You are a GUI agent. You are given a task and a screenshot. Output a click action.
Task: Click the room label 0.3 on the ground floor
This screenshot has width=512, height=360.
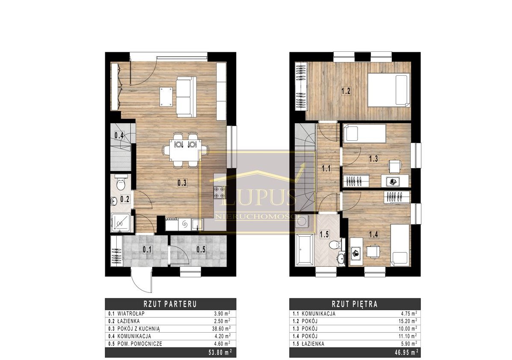tap(182, 183)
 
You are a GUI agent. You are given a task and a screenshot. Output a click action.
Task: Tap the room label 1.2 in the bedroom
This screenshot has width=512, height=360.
tap(346, 91)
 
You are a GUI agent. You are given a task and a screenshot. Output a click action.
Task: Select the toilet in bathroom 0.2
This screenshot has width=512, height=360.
tap(121, 183)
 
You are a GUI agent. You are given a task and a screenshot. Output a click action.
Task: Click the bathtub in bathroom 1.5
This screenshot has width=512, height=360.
tap(305, 250)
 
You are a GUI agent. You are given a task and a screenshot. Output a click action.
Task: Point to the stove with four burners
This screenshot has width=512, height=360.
tap(219, 192)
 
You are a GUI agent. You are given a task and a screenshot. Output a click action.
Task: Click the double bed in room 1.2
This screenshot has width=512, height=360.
tap(389, 90)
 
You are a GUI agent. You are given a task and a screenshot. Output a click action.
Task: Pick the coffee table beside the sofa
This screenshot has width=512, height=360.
tap(166, 96)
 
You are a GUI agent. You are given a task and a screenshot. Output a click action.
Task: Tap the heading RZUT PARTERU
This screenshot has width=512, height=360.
tap(171, 304)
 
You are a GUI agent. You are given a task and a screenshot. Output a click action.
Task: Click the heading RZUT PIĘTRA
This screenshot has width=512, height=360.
tap(355, 304)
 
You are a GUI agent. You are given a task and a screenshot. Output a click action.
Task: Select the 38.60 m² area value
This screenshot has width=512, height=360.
tap(222, 329)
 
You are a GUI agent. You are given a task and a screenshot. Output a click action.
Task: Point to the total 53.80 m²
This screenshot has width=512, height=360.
tap(220, 352)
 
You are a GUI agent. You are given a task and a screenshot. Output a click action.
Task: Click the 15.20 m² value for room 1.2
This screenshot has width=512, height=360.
tap(407, 321)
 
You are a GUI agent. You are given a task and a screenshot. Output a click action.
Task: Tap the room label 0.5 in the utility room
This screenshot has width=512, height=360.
tap(201, 250)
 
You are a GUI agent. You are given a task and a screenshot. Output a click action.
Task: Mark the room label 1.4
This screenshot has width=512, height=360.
tap(373, 234)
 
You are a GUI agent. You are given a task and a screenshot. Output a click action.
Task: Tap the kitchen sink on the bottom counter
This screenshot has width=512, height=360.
tap(197, 224)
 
